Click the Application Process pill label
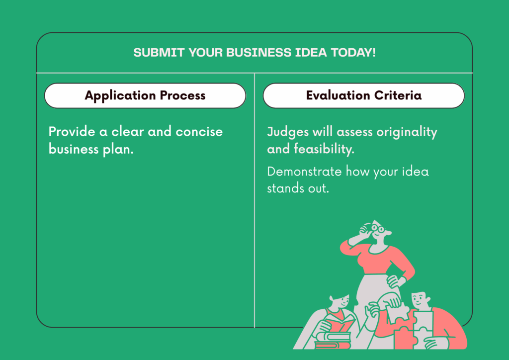click(145, 95)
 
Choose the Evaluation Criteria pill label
click(363, 95)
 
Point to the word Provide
click(72, 131)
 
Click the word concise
click(199, 132)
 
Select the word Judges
click(288, 132)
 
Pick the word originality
click(407, 132)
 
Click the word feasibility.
click(324, 149)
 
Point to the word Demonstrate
click(304, 172)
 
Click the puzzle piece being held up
click(397, 312)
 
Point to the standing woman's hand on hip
click(395, 281)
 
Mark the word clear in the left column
click(128, 131)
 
